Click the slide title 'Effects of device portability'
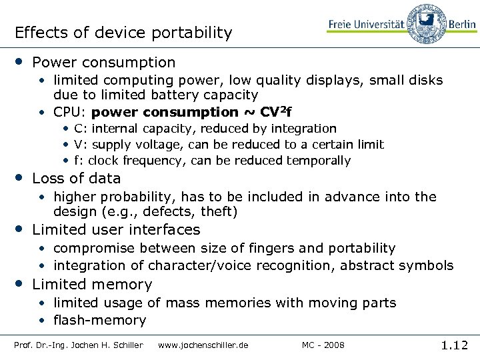(123, 33)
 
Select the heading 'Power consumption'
(104, 63)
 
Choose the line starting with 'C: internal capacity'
(205, 128)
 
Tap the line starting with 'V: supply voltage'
(229, 144)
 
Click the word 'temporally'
(318, 161)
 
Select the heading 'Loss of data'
(77, 178)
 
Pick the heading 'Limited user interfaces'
(116, 230)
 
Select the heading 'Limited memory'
(92, 285)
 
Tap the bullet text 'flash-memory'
(100, 320)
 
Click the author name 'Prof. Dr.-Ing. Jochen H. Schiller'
(79, 345)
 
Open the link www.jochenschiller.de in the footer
(203, 345)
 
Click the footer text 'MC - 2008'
(323, 345)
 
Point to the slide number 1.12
(455, 345)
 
